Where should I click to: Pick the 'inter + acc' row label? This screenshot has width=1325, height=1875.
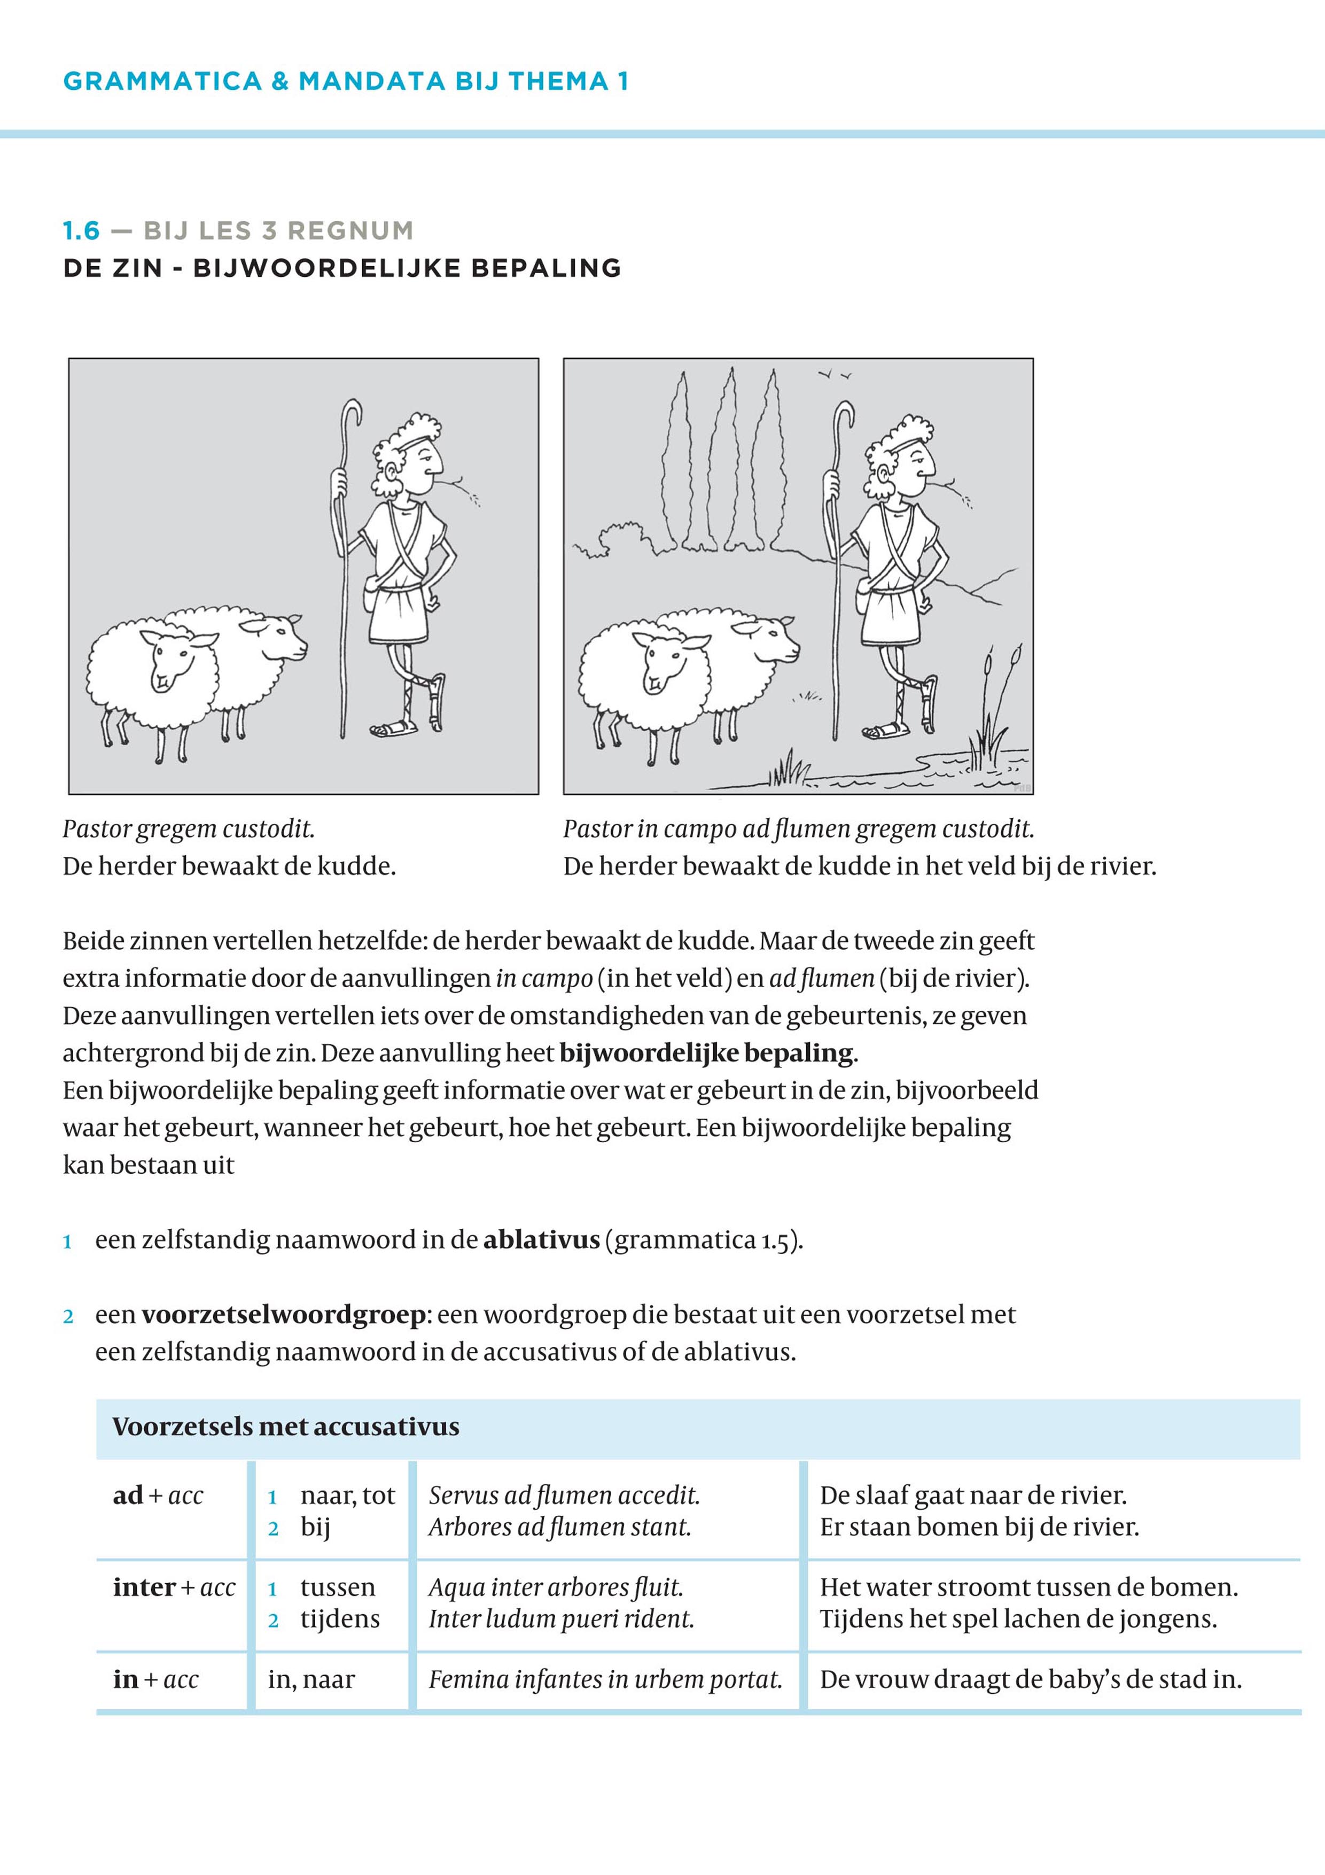(173, 1587)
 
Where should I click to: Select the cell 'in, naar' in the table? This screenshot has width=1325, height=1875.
(311, 1680)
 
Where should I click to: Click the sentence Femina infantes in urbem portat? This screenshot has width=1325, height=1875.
(605, 1680)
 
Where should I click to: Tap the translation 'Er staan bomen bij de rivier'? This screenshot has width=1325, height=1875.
(979, 1527)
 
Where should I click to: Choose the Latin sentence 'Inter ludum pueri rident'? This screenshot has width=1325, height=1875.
(561, 1620)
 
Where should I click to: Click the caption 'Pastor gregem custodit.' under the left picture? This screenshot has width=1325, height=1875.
(189, 829)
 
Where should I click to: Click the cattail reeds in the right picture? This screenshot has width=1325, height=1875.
(1001, 702)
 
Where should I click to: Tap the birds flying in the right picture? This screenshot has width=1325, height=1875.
(835, 375)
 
